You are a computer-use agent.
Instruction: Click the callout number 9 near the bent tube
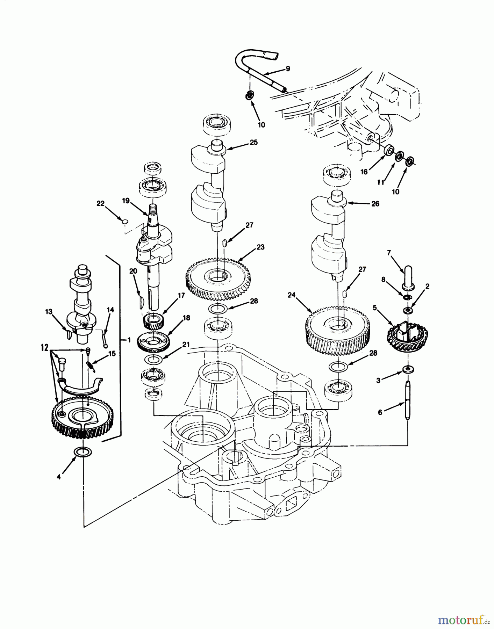tap(288, 69)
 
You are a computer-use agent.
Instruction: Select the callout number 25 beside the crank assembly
tap(253, 143)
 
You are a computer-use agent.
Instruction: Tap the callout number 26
tap(375, 204)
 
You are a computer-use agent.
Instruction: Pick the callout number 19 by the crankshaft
tap(126, 201)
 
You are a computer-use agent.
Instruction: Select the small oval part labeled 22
tap(124, 221)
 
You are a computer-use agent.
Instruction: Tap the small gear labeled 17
tap(152, 321)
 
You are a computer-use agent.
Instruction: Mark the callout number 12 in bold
tap(44, 348)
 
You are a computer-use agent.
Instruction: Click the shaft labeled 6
tap(408, 400)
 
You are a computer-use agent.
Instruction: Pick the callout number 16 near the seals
tap(364, 172)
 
